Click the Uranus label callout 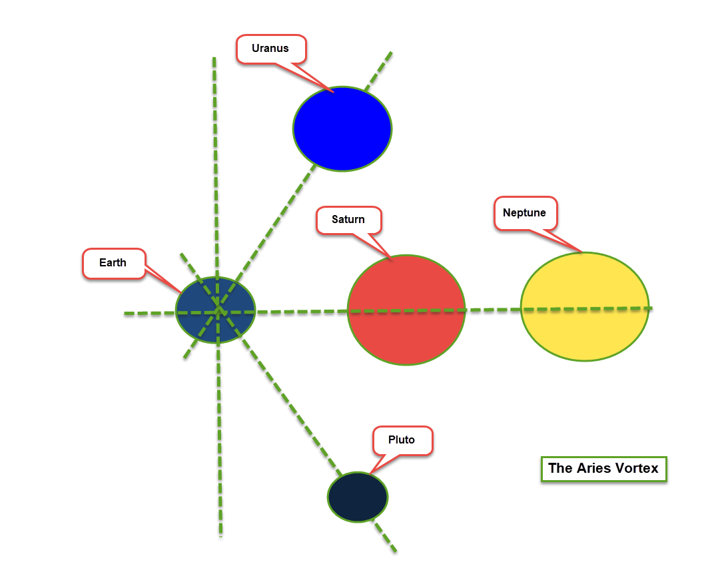pyautogui.click(x=270, y=49)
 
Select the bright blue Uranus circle pyautogui.click(x=342, y=129)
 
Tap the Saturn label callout pyautogui.click(x=349, y=220)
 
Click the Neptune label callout pyautogui.click(x=525, y=213)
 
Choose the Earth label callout pyautogui.click(x=113, y=263)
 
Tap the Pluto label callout pyautogui.click(x=402, y=440)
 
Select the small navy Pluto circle pyautogui.click(x=358, y=497)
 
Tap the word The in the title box pyautogui.click(x=559, y=468)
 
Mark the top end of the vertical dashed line pyautogui.click(x=214, y=59)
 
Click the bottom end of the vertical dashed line pyautogui.click(x=220, y=534)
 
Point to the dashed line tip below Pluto pyautogui.click(x=395, y=551)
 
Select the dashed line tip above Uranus pyautogui.click(x=390, y=53)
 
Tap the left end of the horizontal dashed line pyautogui.click(x=125, y=314)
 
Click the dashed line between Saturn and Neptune pyautogui.click(x=493, y=310)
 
